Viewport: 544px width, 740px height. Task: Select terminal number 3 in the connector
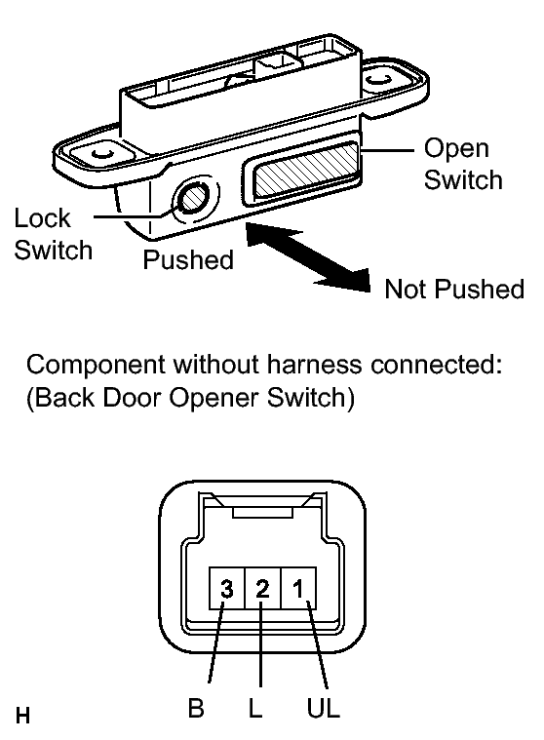[x=227, y=589]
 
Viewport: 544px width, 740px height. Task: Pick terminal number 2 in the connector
[x=263, y=589]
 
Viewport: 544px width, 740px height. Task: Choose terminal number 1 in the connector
[x=298, y=589]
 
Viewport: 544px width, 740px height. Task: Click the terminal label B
[x=196, y=708]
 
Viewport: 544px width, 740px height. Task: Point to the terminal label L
[x=254, y=708]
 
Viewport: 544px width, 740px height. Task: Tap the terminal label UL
[x=324, y=708]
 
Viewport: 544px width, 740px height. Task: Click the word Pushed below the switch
[x=188, y=259]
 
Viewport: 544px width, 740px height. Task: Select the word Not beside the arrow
[x=406, y=289]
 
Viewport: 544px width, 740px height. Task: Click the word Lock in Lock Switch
[x=43, y=218]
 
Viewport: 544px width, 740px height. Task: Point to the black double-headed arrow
[x=308, y=256]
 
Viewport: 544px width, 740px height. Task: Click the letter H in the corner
[x=22, y=716]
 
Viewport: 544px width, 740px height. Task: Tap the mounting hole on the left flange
[x=102, y=153]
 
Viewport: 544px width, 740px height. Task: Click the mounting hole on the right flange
[x=378, y=79]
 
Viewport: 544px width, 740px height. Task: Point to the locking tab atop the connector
[x=263, y=514]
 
